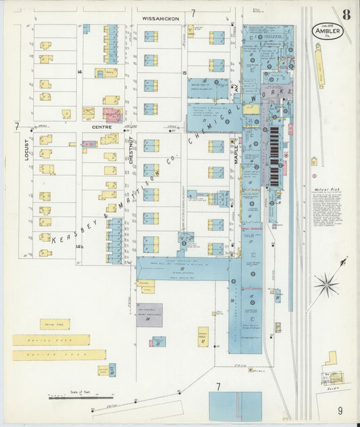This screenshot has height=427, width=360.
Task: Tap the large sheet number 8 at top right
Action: point(346,14)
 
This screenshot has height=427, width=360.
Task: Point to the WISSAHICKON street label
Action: point(160,19)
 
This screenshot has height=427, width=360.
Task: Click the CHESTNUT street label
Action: point(130,150)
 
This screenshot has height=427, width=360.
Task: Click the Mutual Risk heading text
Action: point(325,190)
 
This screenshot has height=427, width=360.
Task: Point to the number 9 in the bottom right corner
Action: point(340,409)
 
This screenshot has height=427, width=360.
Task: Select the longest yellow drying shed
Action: point(59,355)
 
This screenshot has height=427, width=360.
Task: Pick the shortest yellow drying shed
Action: point(55,324)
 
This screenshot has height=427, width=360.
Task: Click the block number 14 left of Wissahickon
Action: point(79,71)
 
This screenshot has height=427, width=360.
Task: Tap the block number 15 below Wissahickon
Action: point(184,72)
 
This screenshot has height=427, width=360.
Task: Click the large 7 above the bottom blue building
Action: point(217,386)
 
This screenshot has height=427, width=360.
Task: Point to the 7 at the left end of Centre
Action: point(16,126)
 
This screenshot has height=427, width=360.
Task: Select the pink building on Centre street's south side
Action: point(88,144)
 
